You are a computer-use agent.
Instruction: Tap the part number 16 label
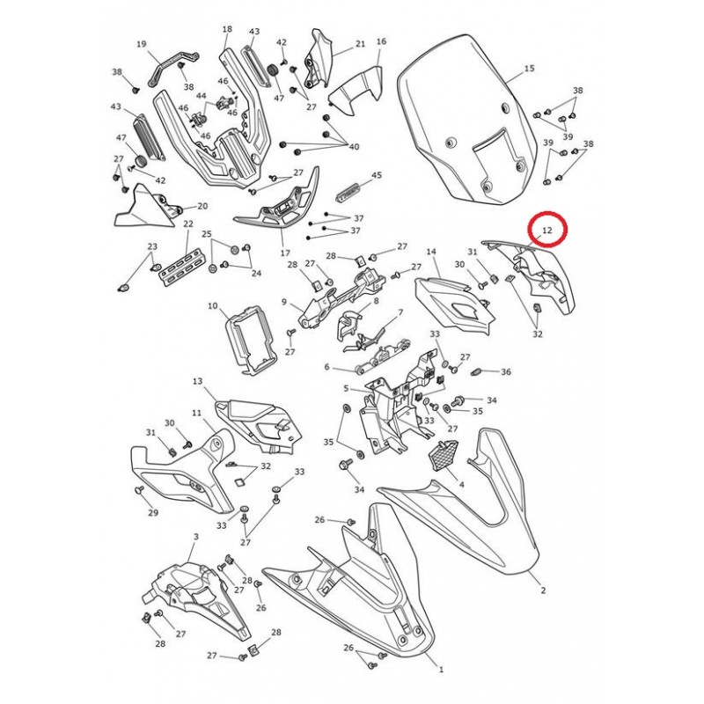click(381, 41)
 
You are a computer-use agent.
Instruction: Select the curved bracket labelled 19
click(172, 68)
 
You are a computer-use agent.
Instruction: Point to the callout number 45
click(377, 174)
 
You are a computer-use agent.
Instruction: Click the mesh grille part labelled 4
click(444, 455)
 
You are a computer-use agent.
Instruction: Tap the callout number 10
click(213, 306)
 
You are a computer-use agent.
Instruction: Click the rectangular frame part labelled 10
click(251, 340)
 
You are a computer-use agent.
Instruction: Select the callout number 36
click(506, 371)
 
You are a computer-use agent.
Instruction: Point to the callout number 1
click(442, 670)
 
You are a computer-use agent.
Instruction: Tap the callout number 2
click(543, 590)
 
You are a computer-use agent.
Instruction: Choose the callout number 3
click(195, 537)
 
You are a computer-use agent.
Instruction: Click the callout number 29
click(153, 513)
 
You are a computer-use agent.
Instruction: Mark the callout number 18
click(227, 29)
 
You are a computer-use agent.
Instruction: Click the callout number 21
click(360, 44)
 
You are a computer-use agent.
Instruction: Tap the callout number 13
click(198, 382)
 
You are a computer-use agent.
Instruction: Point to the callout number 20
click(202, 206)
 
